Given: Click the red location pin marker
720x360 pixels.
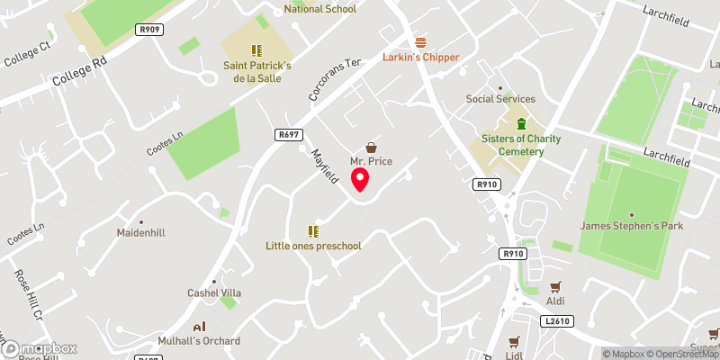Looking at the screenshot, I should click(361, 180).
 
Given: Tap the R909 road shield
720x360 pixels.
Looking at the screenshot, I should click(149, 30).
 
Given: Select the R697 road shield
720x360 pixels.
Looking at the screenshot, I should click(288, 134).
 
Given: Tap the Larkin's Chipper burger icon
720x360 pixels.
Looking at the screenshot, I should click(420, 42).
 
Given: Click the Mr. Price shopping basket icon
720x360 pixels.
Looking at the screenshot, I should click(370, 147).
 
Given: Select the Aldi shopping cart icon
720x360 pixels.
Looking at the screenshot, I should click(555, 288).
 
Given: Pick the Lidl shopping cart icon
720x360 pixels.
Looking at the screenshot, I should click(514, 342).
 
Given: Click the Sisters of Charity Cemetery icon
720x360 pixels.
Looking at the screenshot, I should click(519, 123).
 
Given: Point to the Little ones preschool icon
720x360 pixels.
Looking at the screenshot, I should click(314, 231).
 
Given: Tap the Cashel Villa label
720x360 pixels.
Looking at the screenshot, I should click(214, 293).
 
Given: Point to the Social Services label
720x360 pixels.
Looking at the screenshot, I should click(500, 99).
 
